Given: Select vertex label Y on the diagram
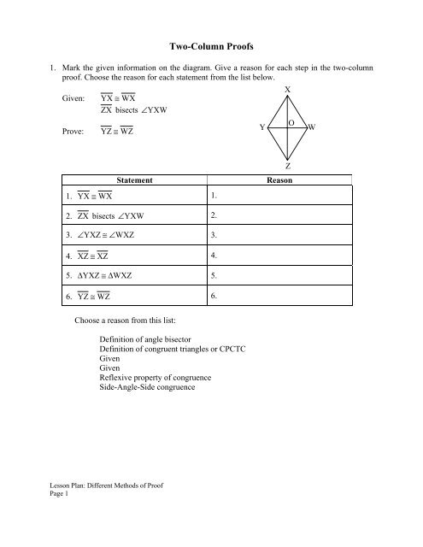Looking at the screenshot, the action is pos(261,128).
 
